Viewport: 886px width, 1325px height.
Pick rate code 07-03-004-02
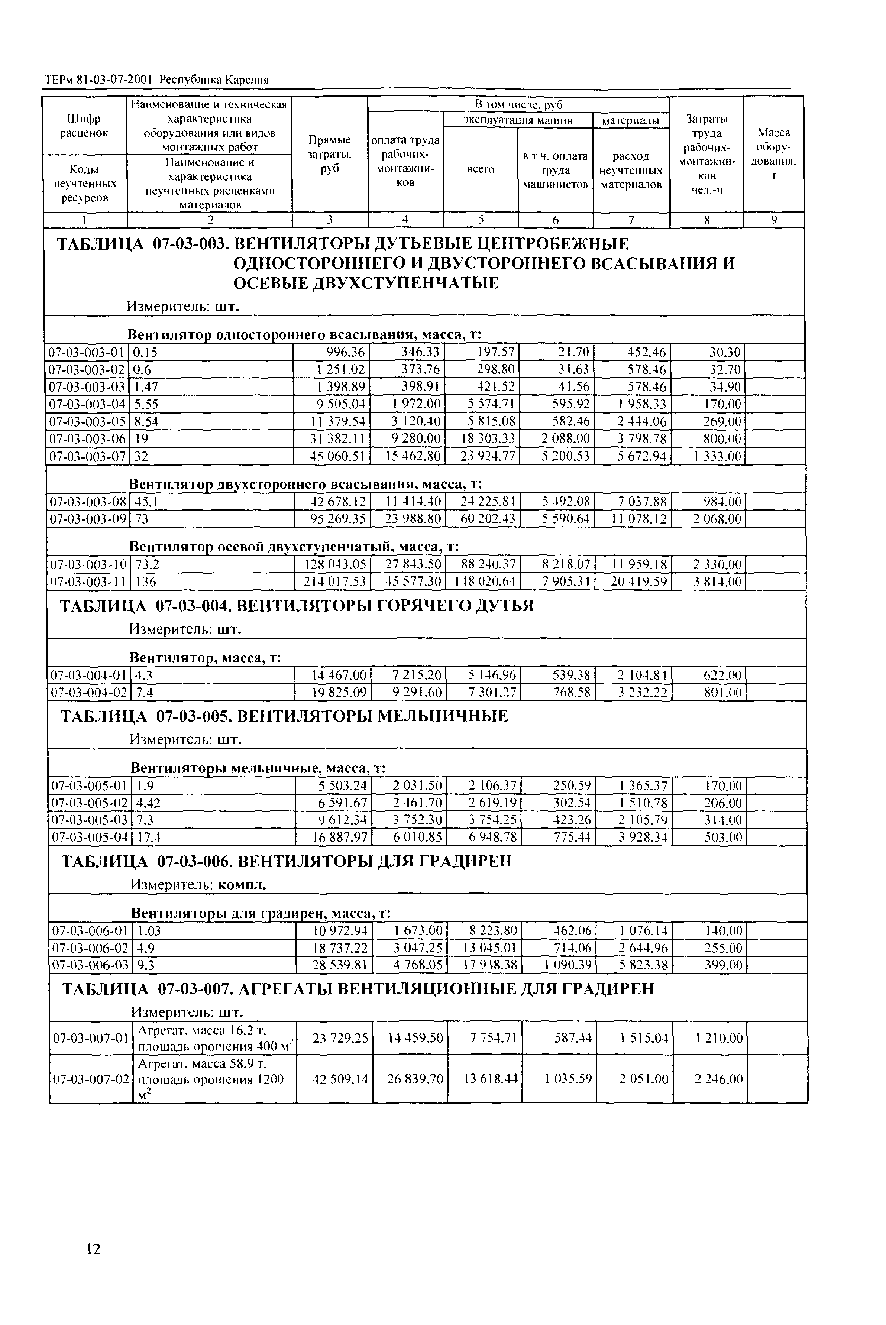click(89, 693)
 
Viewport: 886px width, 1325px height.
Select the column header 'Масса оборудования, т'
click(773, 153)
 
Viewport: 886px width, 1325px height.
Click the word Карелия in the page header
click(247, 80)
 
